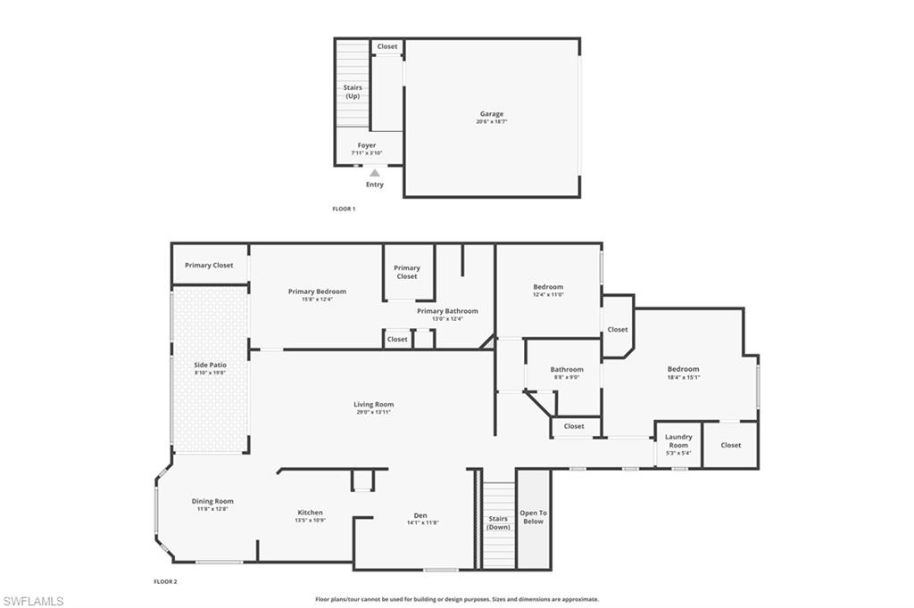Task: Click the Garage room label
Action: [492, 114]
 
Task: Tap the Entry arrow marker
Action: [375, 174]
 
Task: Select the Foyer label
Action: [367, 145]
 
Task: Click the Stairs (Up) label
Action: [353, 91]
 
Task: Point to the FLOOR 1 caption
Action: [344, 209]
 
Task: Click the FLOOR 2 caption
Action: [165, 581]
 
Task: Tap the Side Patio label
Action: [210, 365]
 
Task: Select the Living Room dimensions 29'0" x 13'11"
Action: [373, 412]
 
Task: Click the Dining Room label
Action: [212, 501]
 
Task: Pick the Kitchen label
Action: [310, 513]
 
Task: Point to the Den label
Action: [420, 515]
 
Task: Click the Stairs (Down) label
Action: [498, 522]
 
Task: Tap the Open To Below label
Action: [533, 517]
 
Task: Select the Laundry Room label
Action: [678, 440]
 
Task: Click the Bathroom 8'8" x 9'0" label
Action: [567, 369]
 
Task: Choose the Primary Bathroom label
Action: [447, 311]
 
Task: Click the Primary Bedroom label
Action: [317, 292]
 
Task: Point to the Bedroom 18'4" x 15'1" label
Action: [684, 369]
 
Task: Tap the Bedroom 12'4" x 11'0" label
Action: [548, 287]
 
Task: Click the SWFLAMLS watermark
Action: [33, 601]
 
